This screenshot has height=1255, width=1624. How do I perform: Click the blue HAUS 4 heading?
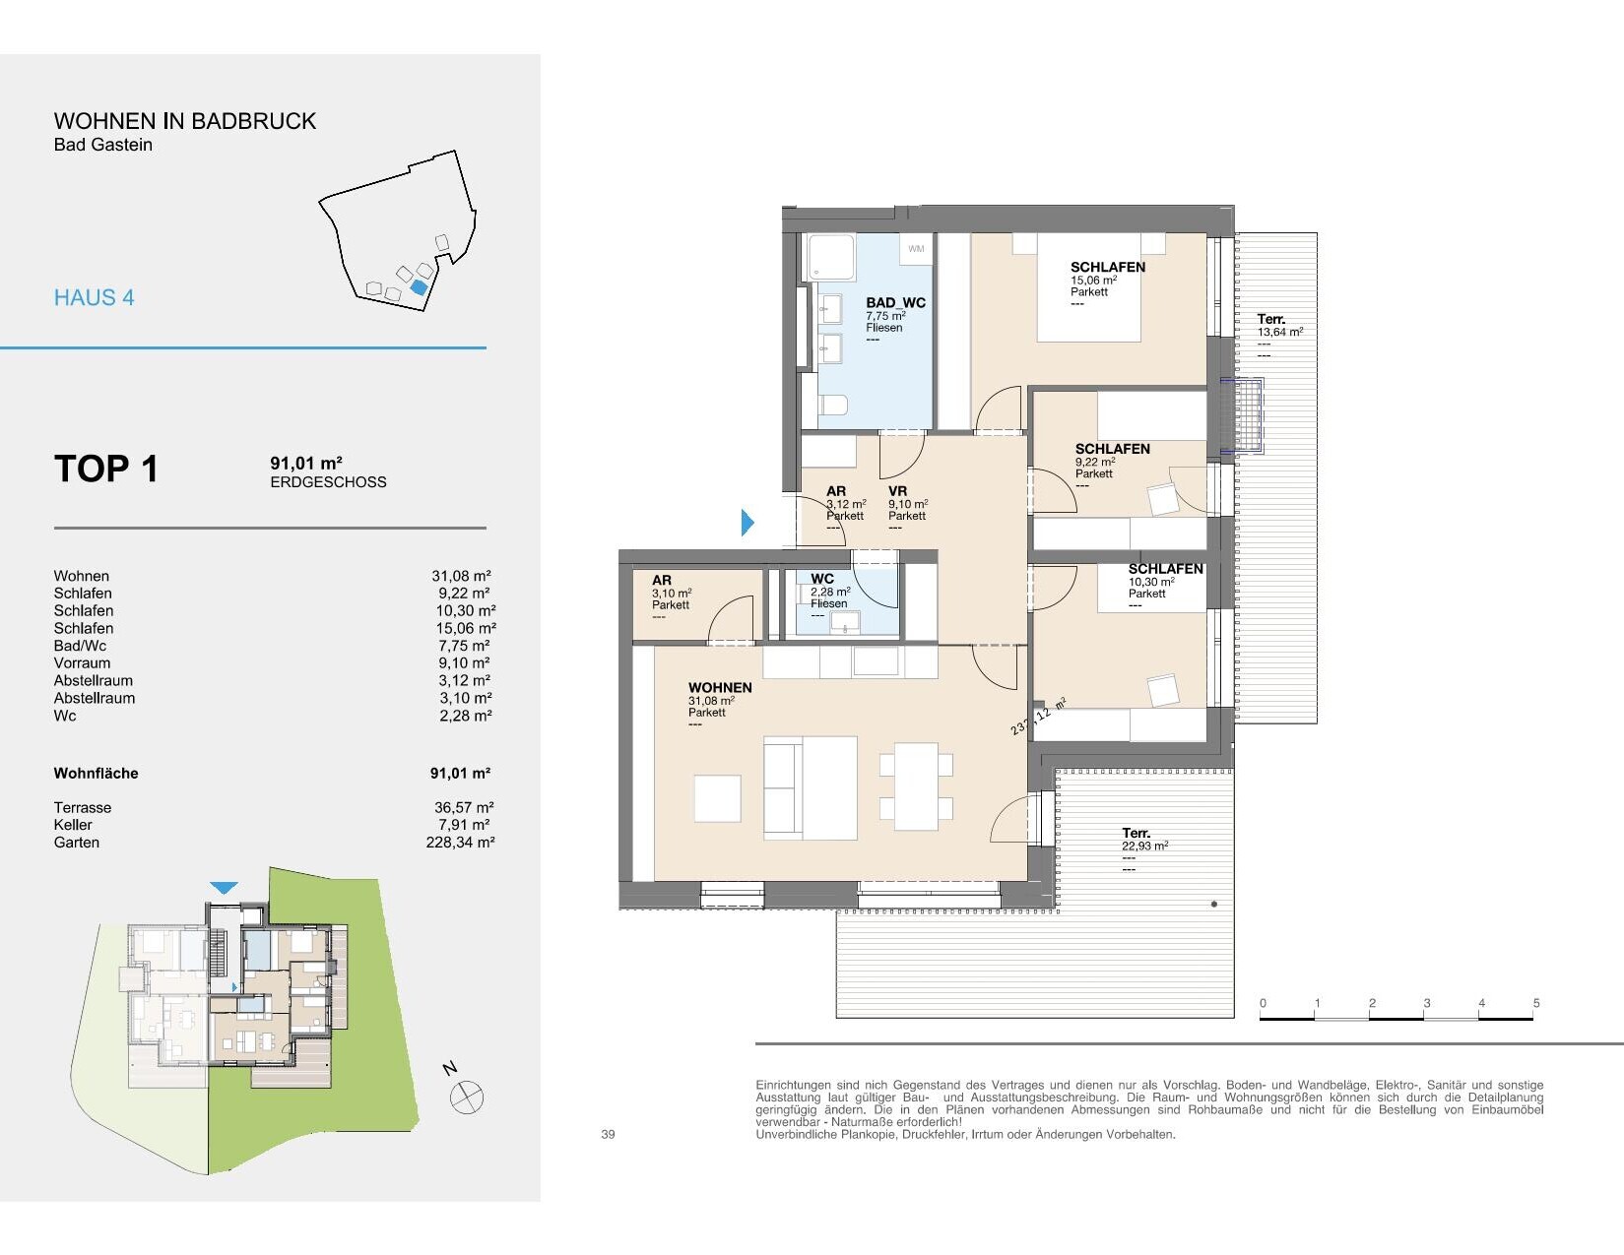tap(95, 298)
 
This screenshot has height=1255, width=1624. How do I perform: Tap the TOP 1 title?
tap(106, 469)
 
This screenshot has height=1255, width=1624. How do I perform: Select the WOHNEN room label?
tap(720, 688)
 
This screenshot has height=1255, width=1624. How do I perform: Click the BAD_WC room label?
tap(895, 302)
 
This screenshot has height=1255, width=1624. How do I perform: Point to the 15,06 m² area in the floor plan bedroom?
tap(1093, 280)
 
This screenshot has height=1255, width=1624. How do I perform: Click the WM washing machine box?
tap(916, 249)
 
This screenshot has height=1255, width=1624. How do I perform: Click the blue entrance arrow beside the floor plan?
tap(747, 522)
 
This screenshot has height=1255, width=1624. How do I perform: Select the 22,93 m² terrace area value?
tap(1144, 846)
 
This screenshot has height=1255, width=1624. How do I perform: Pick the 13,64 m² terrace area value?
tap(1279, 332)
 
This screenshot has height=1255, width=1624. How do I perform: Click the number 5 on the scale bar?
tap(1536, 1003)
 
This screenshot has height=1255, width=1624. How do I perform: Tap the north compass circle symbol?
tap(467, 1098)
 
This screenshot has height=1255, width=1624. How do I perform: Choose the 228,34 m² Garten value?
tap(460, 843)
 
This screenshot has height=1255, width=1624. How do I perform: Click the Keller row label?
tap(73, 825)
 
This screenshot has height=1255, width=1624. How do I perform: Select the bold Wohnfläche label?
tap(96, 774)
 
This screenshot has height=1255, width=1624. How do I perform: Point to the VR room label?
tap(897, 491)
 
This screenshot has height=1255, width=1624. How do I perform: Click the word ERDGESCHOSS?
tap(328, 482)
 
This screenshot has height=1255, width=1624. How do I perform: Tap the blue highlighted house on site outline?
tap(420, 286)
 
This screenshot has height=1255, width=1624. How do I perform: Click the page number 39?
tap(608, 1134)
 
